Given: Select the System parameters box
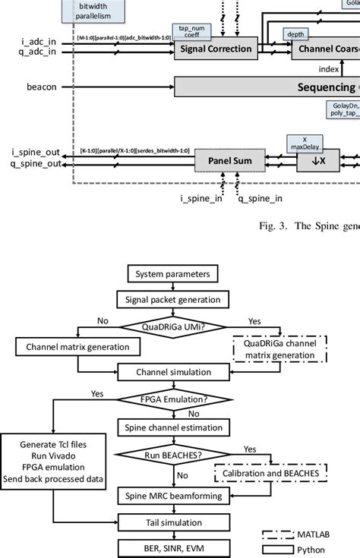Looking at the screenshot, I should (x=166, y=273).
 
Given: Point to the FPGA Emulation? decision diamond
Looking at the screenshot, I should (x=166, y=397).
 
